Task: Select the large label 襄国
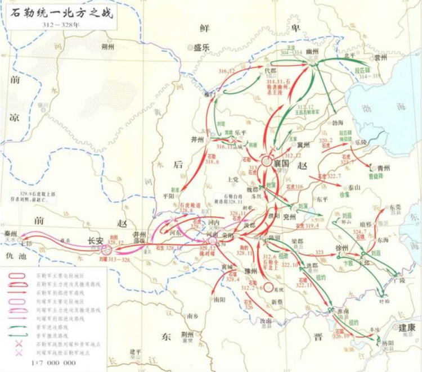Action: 281,162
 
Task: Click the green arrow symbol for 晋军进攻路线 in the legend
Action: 20,326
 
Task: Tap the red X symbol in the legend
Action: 20,342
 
